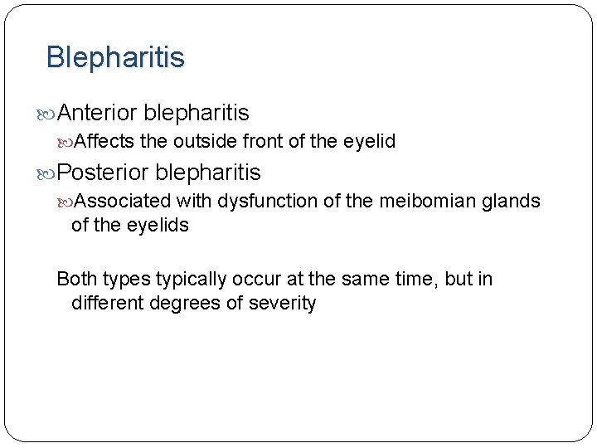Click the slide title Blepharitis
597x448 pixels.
[x=115, y=57]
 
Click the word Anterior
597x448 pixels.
[x=98, y=112]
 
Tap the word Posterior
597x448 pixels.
[x=104, y=173]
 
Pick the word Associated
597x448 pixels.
[x=123, y=201]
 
